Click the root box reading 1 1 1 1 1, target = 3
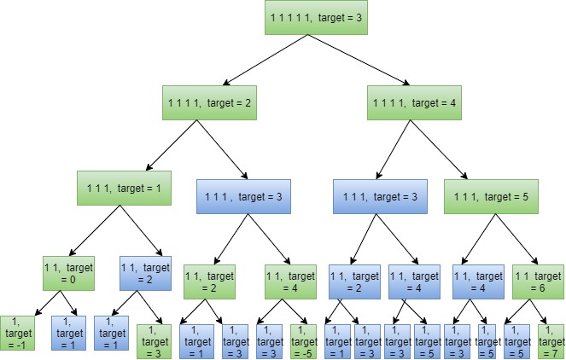point(316,17)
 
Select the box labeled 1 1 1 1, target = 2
point(209,102)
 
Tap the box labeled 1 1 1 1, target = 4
point(414,102)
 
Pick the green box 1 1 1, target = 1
point(124,188)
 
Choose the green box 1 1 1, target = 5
point(491,196)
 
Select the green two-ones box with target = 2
point(209,282)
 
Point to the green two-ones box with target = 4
point(290,282)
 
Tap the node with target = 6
point(538,282)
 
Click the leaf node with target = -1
point(16,333)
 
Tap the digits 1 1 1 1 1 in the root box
point(286,17)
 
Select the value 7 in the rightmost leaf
point(555,353)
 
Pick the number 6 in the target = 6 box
point(543,288)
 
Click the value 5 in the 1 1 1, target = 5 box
point(525,197)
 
